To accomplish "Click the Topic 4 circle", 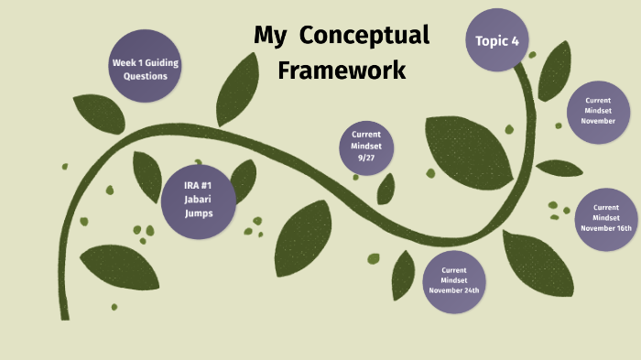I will coord(497,40).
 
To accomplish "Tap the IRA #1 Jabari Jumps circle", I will coord(198,200).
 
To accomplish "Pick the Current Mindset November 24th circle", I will coord(454,280).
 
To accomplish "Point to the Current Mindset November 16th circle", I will coord(605,218).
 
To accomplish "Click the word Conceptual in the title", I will coord(364,37).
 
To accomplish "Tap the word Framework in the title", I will coord(342,70).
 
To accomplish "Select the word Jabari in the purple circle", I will coord(198,200).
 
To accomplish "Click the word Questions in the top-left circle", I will coord(146,76).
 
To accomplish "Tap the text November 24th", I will coord(454,290).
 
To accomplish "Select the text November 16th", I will coord(605,228).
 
